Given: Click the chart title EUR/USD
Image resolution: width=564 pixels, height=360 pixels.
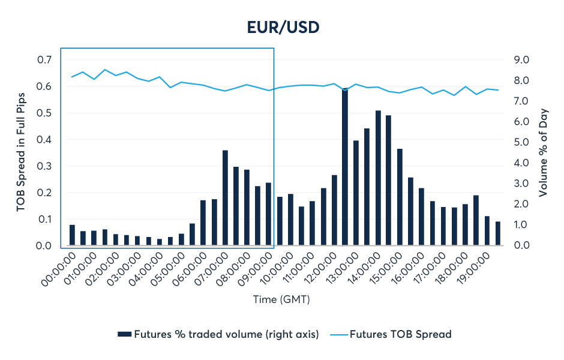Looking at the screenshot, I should pyautogui.click(x=282, y=27).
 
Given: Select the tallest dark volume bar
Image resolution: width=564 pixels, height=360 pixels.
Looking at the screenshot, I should pyautogui.click(x=345, y=168).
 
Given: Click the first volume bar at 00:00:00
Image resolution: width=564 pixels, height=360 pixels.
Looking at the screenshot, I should pyautogui.click(x=72, y=235).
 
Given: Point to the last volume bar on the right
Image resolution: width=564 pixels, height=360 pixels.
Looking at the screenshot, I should pyautogui.click(x=497, y=234).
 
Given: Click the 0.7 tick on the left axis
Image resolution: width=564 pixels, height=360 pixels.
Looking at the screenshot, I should pyautogui.click(x=44, y=60).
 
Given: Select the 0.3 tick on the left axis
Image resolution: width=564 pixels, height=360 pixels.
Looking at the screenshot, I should pyautogui.click(x=44, y=166).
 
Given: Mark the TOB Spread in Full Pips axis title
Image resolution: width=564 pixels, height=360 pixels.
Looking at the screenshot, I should pyautogui.click(x=22, y=152).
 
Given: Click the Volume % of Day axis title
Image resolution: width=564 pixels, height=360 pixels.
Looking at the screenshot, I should pyautogui.click(x=543, y=152).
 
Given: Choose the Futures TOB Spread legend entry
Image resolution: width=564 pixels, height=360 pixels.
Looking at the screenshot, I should pyautogui.click(x=400, y=334).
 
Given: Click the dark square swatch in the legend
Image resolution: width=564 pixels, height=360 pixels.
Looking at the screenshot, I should pyautogui.click(x=124, y=334).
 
